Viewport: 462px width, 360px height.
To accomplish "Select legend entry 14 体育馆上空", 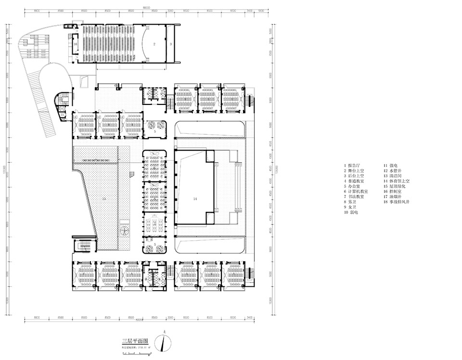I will (397, 180).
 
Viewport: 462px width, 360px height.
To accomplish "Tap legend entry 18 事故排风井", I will (397, 202).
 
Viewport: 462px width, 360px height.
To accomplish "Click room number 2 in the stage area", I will (154, 44).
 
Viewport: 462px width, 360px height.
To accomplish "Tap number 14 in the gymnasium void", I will (195, 198).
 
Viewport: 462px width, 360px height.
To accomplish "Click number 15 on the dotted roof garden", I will (104, 198).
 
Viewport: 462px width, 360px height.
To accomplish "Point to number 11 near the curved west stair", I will (63, 114).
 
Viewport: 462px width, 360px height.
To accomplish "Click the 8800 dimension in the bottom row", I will (36, 318).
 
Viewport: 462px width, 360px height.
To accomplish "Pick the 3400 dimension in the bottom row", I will (249, 318).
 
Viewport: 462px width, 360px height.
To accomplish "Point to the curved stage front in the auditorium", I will (144, 43).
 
